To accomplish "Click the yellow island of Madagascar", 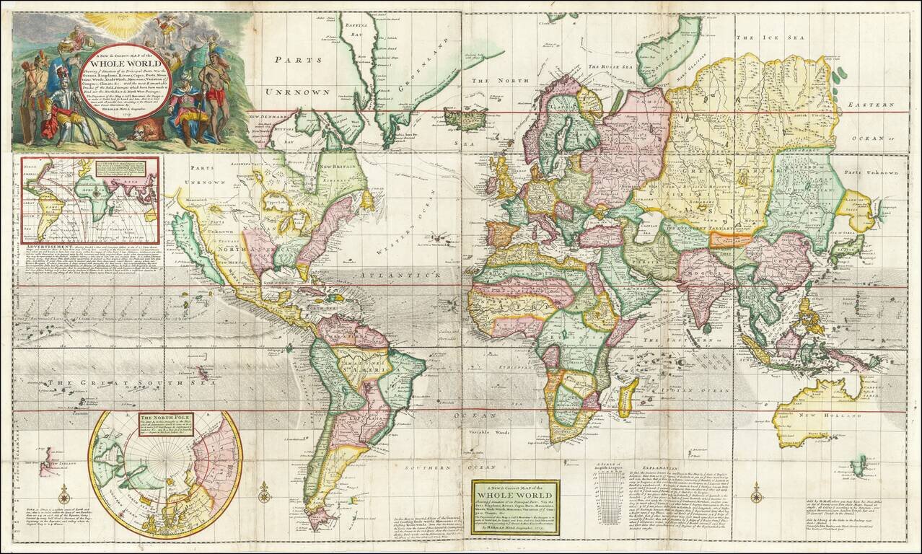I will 628,398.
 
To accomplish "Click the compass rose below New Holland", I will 756,495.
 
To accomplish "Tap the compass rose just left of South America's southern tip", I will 264,494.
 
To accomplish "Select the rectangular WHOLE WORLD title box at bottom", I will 515,508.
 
